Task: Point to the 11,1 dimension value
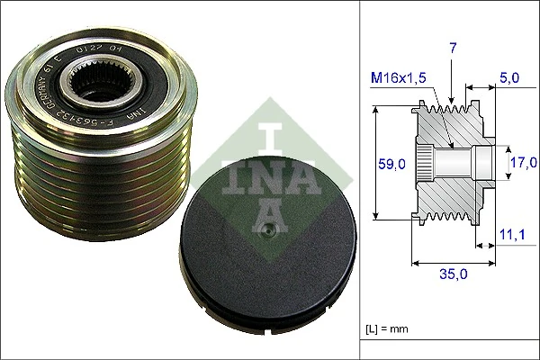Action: (x=511, y=235)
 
